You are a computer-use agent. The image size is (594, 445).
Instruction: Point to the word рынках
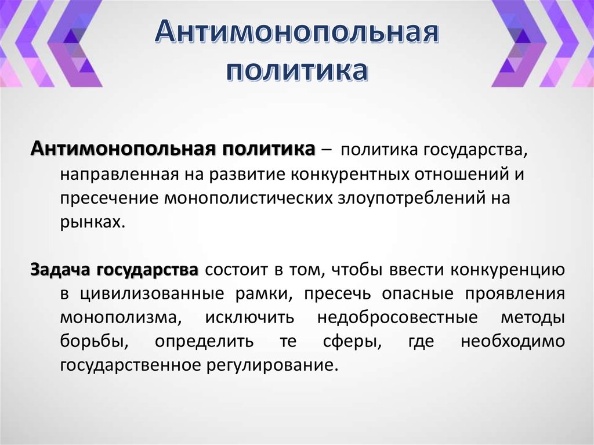tap(90, 223)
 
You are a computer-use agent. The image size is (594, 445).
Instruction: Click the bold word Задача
tap(61, 270)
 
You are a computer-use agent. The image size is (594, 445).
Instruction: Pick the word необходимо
tap(512, 342)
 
